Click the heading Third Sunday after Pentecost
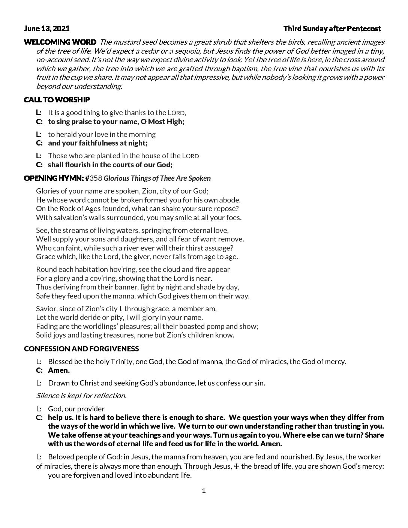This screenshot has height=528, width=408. (332, 28)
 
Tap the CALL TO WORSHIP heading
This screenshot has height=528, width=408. (57, 100)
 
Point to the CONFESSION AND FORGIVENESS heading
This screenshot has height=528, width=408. (81, 349)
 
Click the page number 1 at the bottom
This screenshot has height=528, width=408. (204, 491)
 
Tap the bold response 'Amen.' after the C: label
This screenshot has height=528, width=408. (59, 370)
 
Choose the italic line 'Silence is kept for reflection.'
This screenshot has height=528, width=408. (81, 396)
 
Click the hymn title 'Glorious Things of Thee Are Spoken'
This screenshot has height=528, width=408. (157, 178)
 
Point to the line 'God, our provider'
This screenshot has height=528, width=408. (76, 409)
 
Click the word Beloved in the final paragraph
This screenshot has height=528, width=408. (61, 457)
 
